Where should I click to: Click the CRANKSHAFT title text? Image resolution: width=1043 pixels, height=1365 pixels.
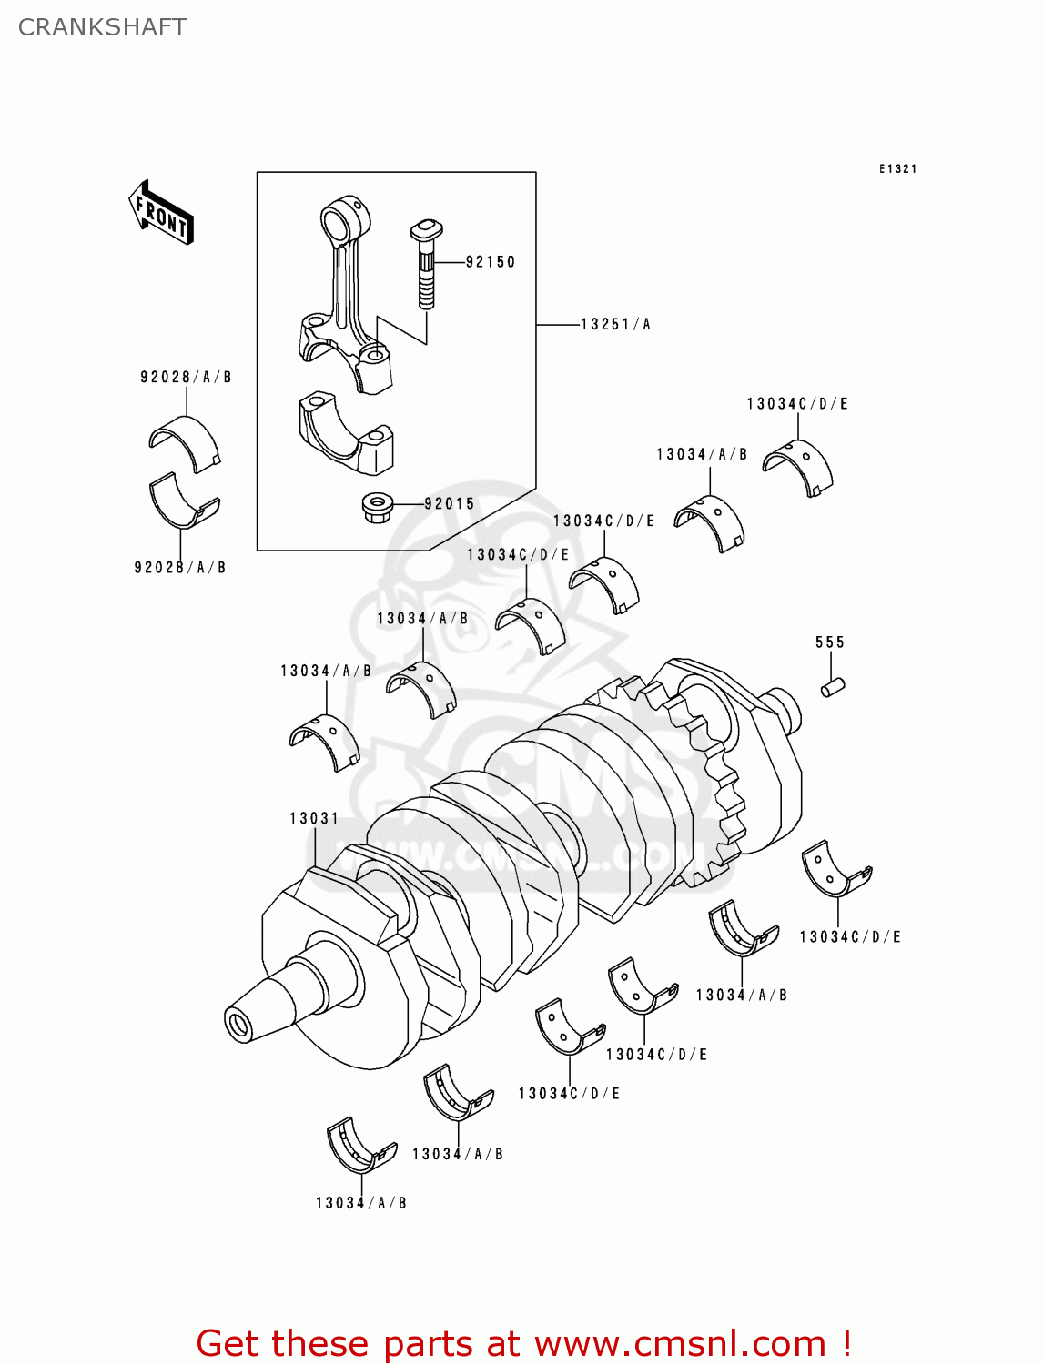point(102,27)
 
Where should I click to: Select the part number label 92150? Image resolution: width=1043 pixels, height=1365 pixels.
point(491,262)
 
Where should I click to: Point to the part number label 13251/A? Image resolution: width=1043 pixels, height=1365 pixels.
point(615,324)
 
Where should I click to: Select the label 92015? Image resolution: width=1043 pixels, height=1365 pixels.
point(450,504)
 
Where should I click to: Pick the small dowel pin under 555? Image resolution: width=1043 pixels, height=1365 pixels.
point(833,688)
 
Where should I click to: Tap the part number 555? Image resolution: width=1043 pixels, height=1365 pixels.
point(830,642)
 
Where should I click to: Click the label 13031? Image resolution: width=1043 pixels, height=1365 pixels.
point(314,819)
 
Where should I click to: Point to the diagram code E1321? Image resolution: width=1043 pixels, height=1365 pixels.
point(897,169)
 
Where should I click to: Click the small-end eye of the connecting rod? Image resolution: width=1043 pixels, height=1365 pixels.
point(345,221)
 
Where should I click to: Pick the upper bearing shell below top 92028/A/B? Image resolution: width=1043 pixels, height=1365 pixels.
point(185,443)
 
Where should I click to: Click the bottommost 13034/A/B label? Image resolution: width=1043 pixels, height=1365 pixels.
point(361,1203)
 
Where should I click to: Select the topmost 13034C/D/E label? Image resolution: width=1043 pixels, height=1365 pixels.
point(797,404)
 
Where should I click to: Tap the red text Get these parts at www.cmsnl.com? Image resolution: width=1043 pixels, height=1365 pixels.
point(523,1343)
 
